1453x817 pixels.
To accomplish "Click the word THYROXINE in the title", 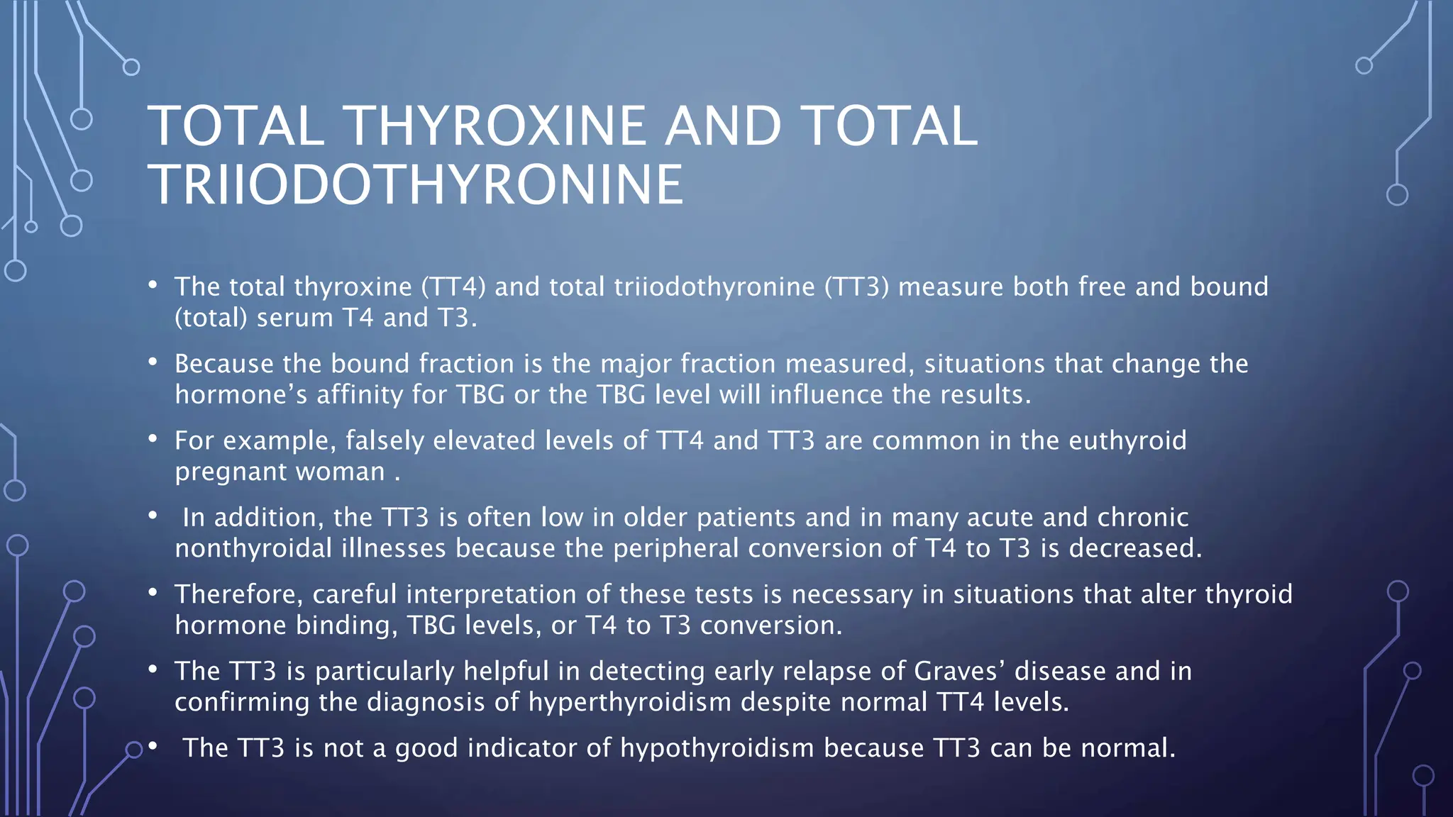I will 495,126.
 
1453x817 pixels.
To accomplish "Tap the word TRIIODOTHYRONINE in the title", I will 416,185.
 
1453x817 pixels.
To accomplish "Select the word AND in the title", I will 723,126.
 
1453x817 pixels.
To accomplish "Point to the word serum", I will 294,318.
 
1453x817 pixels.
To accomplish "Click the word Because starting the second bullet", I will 224,364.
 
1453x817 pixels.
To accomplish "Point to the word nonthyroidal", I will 253,548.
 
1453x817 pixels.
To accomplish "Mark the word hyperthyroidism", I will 629,702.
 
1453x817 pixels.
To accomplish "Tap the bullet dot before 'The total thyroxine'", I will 153,285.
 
